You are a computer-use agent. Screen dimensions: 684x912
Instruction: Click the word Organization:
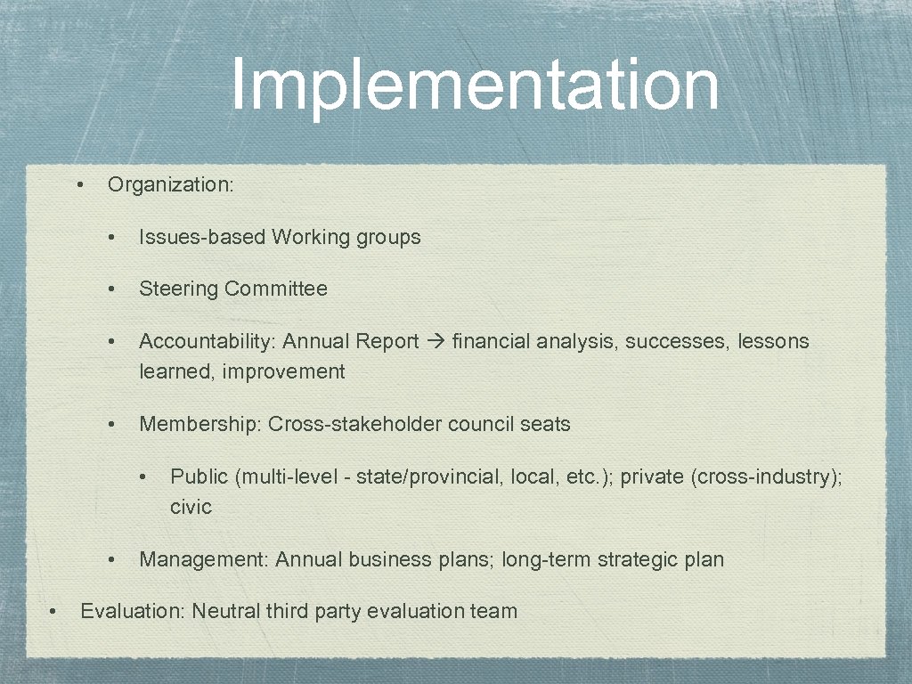pyautogui.click(x=170, y=185)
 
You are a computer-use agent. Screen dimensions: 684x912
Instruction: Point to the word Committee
pyautogui.click(x=276, y=289)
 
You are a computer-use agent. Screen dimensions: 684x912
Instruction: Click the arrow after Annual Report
pyautogui.click(x=436, y=342)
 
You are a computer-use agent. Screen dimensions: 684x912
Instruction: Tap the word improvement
pyautogui.click(x=283, y=372)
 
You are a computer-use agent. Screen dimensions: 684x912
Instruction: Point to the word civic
pyautogui.click(x=191, y=508)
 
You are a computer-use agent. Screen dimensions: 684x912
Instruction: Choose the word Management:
pyautogui.click(x=204, y=560)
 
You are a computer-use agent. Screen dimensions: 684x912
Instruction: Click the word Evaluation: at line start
pyautogui.click(x=133, y=612)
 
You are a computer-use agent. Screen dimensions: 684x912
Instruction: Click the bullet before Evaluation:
pyautogui.click(x=53, y=612)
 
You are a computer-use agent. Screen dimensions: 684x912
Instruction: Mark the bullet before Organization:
pyautogui.click(x=80, y=185)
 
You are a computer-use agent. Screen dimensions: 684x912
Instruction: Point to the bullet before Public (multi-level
pyautogui.click(x=144, y=477)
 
